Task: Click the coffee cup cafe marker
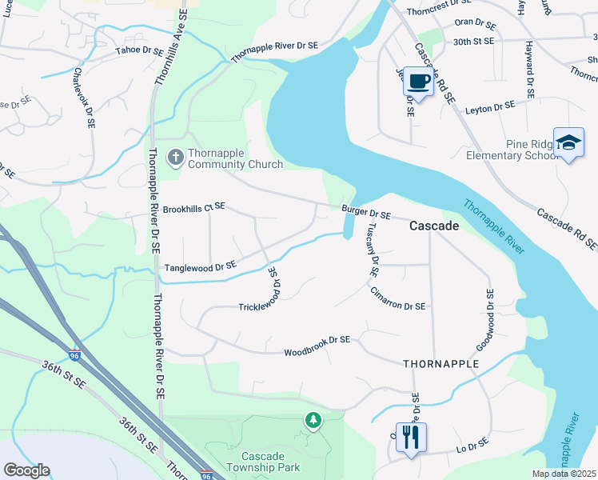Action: coord(419,81)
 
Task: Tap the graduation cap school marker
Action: coord(568,143)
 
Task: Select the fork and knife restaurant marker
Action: coord(411,437)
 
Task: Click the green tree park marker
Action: coord(313,420)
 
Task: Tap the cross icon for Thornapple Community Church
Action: coord(175,158)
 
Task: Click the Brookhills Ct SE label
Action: coord(194,208)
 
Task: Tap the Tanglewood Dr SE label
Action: coord(201,266)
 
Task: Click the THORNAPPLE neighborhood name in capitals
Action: coord(441,363)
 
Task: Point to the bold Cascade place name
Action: coord(434,226)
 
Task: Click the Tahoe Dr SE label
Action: coord(141,50)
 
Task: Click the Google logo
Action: coord(27,470)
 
